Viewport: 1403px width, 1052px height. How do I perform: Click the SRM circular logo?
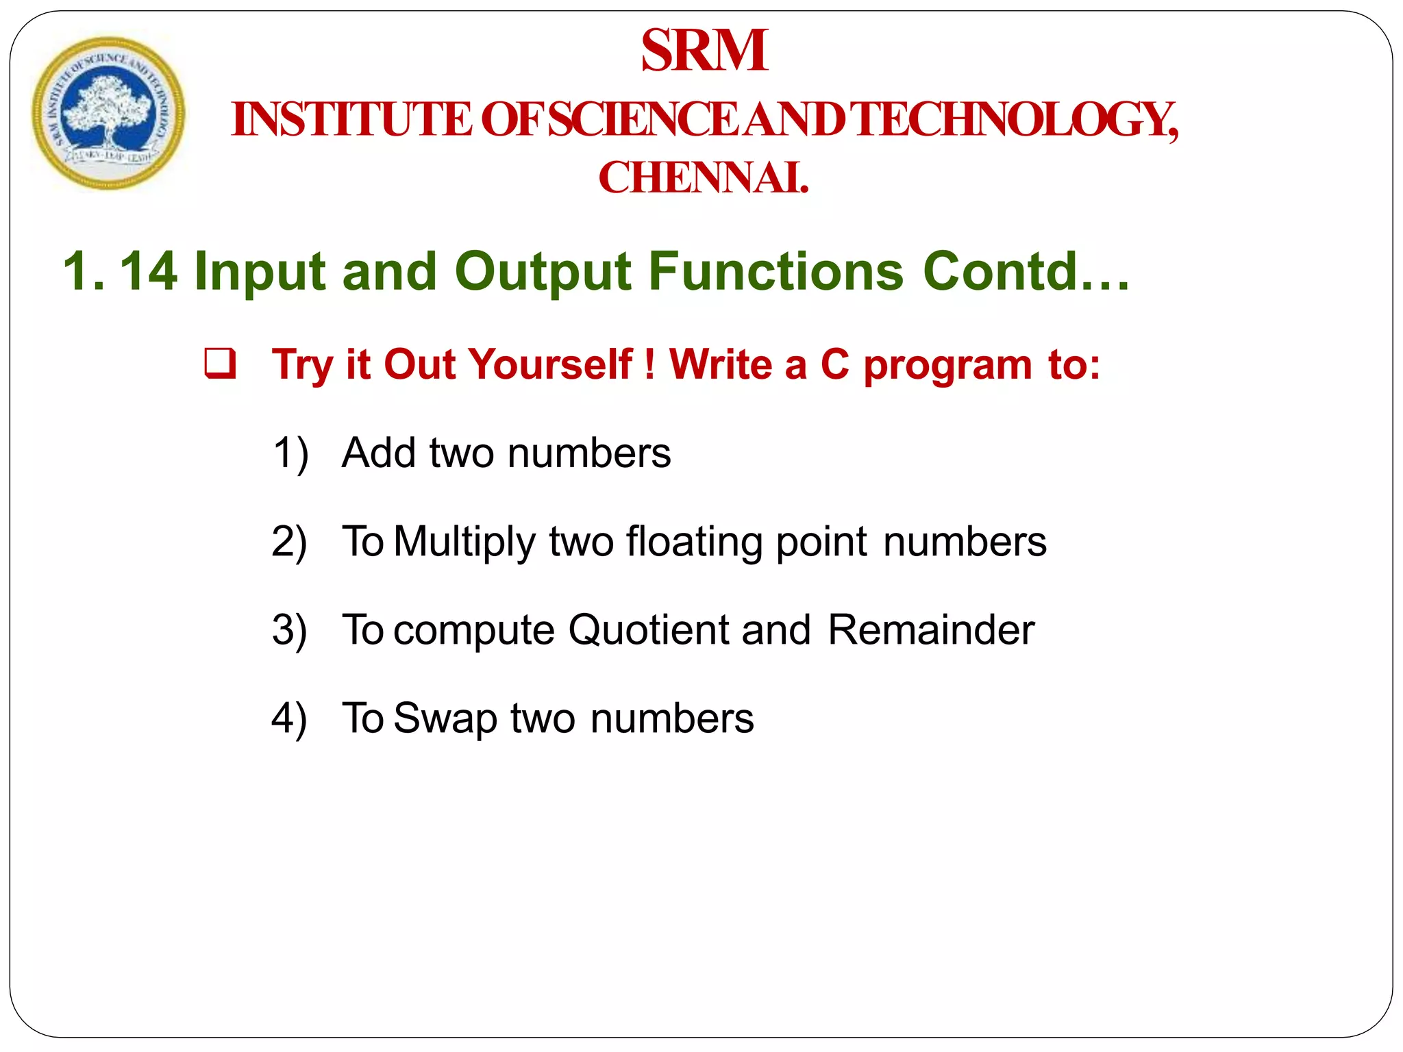[x=108, y=113]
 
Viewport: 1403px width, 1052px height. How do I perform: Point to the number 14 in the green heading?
[x=149, y=271]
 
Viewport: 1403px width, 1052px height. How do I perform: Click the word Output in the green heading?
[x=543, y=271]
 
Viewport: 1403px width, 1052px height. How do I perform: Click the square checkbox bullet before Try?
[x=221, y=363]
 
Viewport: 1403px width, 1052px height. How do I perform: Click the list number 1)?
[x=290, y=453]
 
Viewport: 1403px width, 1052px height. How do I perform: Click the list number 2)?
[x=289, y=542]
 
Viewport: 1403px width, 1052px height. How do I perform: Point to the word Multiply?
[x=464, y=542]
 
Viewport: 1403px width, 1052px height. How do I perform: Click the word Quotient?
[x=649, y=629]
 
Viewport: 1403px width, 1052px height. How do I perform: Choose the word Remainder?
[x=930, y=629]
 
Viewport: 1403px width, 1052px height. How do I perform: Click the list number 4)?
[x=289, y=718]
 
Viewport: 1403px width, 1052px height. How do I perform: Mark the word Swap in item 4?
[x=445, y=718]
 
